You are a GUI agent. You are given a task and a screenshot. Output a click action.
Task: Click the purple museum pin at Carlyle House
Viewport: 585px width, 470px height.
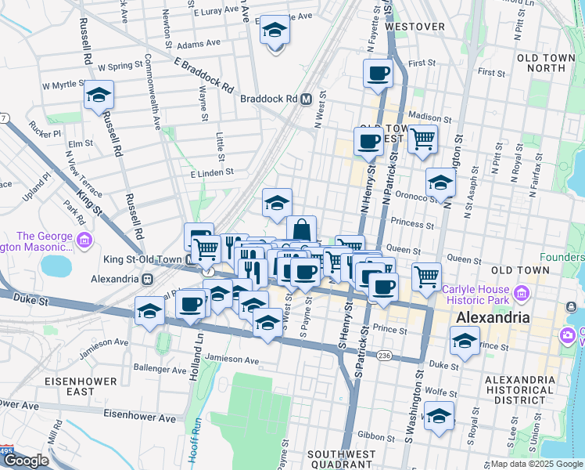[x=522, y=294]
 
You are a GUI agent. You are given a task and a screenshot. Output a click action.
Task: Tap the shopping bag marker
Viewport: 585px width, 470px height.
[x=301, y=230]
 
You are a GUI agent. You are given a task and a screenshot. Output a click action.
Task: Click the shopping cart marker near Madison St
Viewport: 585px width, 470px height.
[x=422, y=139]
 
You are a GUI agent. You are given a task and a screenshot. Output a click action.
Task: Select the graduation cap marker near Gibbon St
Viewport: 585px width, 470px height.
[x=439, y=415]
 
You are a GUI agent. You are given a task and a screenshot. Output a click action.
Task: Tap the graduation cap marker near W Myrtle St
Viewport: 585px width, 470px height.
[x=99, y=95]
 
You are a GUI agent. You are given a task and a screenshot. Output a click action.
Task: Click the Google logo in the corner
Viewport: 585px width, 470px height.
[x=27, y=461]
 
